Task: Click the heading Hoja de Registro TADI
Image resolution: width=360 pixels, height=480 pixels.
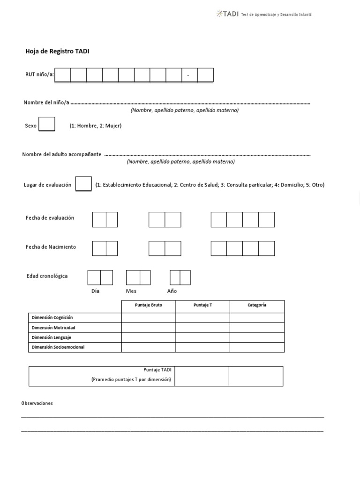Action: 57,52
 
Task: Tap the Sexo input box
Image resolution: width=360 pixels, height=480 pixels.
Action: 47,124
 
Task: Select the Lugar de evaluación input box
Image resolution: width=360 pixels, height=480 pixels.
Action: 83,184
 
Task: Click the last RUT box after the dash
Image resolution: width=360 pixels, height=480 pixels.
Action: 205,75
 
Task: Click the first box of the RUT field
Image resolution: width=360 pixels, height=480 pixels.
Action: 63,75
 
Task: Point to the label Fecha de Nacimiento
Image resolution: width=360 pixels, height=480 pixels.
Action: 51,247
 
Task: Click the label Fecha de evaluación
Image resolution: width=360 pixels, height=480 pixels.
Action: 50,218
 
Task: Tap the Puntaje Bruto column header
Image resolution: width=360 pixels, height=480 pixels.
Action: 149,305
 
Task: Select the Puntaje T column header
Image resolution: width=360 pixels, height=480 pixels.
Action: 202,305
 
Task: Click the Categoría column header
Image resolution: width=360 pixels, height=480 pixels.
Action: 257,305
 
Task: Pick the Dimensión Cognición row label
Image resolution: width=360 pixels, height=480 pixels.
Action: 52,318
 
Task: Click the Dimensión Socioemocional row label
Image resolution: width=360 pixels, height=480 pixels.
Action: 58,347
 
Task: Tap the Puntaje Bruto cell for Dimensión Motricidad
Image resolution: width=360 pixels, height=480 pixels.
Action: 149,328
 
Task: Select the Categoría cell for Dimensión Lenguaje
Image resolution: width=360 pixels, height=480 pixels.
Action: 257,337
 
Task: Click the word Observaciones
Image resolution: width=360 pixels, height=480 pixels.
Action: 37,403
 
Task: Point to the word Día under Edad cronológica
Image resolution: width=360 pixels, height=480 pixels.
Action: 96,291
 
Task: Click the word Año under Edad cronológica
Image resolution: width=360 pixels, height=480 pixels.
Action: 172,291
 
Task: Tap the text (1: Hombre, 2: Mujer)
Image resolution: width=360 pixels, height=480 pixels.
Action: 96,126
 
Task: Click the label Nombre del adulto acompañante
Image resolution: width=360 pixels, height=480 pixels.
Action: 62,155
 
